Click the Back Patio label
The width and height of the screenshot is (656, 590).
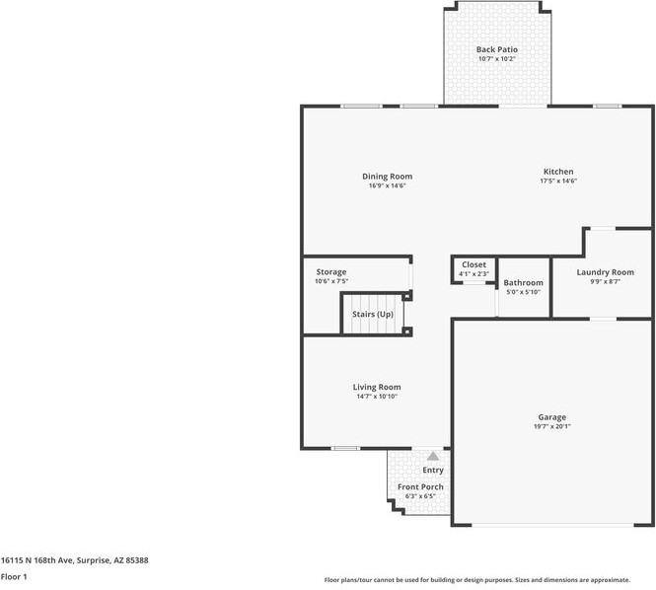(x=496, y=49)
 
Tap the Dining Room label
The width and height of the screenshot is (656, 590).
(x=387, y=177)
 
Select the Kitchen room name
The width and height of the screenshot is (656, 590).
(x=557, y=172)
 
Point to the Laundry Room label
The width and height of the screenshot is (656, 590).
(x=605, y=272)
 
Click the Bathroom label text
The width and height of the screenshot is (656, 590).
(x=523, y=283)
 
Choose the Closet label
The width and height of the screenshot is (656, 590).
(x=474, y=264)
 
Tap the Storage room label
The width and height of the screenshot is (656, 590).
(x=330, y=271)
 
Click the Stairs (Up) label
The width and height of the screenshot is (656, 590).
(x=373, y=315)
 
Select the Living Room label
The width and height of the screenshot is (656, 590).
(x=377, y=387)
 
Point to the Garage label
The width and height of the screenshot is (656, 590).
(x=551, y=417)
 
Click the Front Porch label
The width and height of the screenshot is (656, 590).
(x=420, y=487)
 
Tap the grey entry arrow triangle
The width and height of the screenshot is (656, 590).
(x=433, y=456)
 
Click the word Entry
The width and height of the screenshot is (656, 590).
(x=433, y=471)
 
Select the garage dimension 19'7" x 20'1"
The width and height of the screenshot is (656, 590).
(x=551, y=426)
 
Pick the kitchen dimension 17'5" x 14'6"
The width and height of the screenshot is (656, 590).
(x=557, y=182)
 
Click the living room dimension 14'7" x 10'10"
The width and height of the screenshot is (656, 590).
(x=377, y=397)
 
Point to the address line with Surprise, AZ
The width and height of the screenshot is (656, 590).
(x=74, y=560)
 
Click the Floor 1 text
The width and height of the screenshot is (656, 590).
(x=14, y=576)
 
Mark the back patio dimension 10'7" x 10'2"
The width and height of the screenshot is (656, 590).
(x=496, y=59)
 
